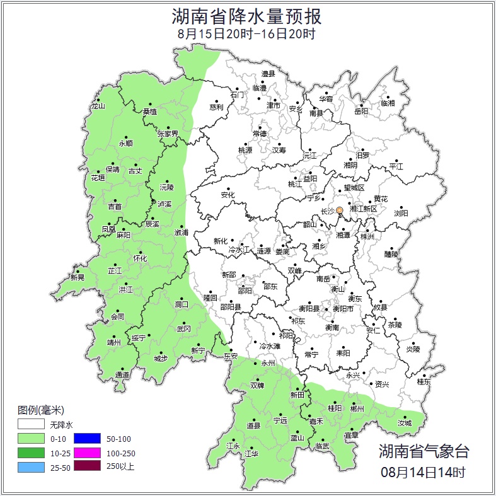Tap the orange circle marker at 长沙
[340, 210]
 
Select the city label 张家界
[168, 134]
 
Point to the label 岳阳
[360, 112]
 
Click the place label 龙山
[98, 106]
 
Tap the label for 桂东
[424, 382]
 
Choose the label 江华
[252, 454]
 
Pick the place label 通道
[122, 376]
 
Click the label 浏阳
[401, 214]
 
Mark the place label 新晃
[78, 277]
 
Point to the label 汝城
[404, 423]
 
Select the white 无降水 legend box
[31, 424]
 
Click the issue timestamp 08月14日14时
[423, 471]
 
